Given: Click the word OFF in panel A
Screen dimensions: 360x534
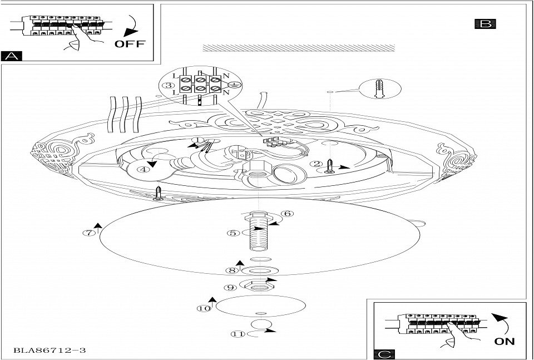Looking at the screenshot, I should click(x=129, y=44).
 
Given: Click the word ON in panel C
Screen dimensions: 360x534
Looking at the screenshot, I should click(x=504, y=341).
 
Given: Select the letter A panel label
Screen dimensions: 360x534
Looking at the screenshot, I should click(x=12, y=56).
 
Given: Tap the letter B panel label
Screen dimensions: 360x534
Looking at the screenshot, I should click(x=485, y=24).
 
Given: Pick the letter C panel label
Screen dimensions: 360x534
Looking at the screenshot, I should click(x=383, y=353).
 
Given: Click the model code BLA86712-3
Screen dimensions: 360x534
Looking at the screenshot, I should click(x=50, y=351).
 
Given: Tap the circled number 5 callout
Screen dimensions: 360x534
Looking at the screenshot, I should click(x=234, y=233).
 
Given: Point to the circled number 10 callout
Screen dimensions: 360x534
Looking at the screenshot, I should click(x=205, y=307).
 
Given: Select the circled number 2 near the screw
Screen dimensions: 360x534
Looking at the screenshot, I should click(x=317, y=164).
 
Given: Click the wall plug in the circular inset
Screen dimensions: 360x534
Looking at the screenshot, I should click(x=380, y=88).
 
